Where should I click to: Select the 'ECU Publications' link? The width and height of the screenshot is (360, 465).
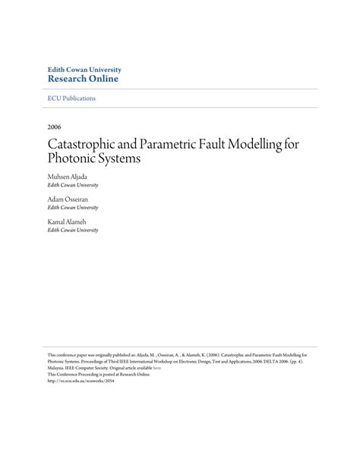71,99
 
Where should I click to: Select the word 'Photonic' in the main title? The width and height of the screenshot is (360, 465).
75,159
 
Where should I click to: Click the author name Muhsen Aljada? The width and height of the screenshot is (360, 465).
67,176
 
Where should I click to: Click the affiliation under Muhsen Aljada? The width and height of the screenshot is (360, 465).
73,185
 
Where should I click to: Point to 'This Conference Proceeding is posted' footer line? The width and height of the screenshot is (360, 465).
99,375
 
